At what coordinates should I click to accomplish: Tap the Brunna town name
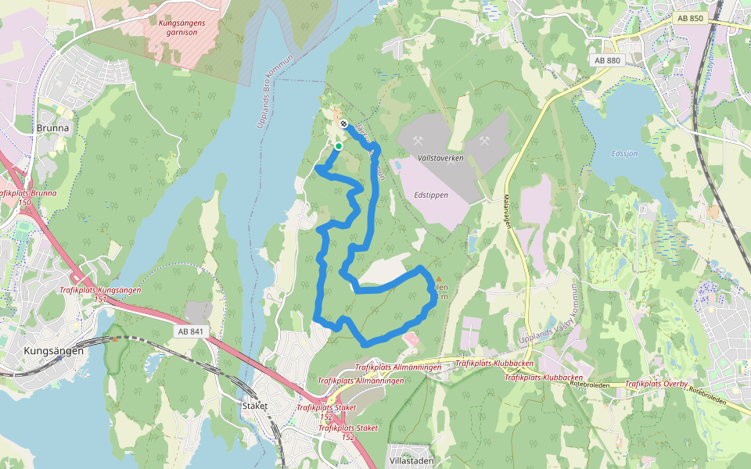pos(53,127)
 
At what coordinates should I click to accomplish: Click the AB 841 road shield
pos(190,331)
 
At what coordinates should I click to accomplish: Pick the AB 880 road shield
pos(607,60)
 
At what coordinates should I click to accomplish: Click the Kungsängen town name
pos(54,351)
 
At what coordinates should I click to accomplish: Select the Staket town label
pos(255,406)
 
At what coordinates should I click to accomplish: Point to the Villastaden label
pos(411,451)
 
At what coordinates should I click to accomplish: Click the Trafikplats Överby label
pos(656,385)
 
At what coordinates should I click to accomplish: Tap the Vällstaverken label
pos(441,158)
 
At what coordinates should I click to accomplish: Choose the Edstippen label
pos(432,195)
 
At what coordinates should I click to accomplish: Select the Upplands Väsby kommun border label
pos(551,318)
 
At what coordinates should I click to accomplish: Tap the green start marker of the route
pos(339,146)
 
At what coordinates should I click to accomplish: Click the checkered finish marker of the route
pos(343,124)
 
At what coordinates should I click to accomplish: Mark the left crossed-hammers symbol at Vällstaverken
pos(420,141)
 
